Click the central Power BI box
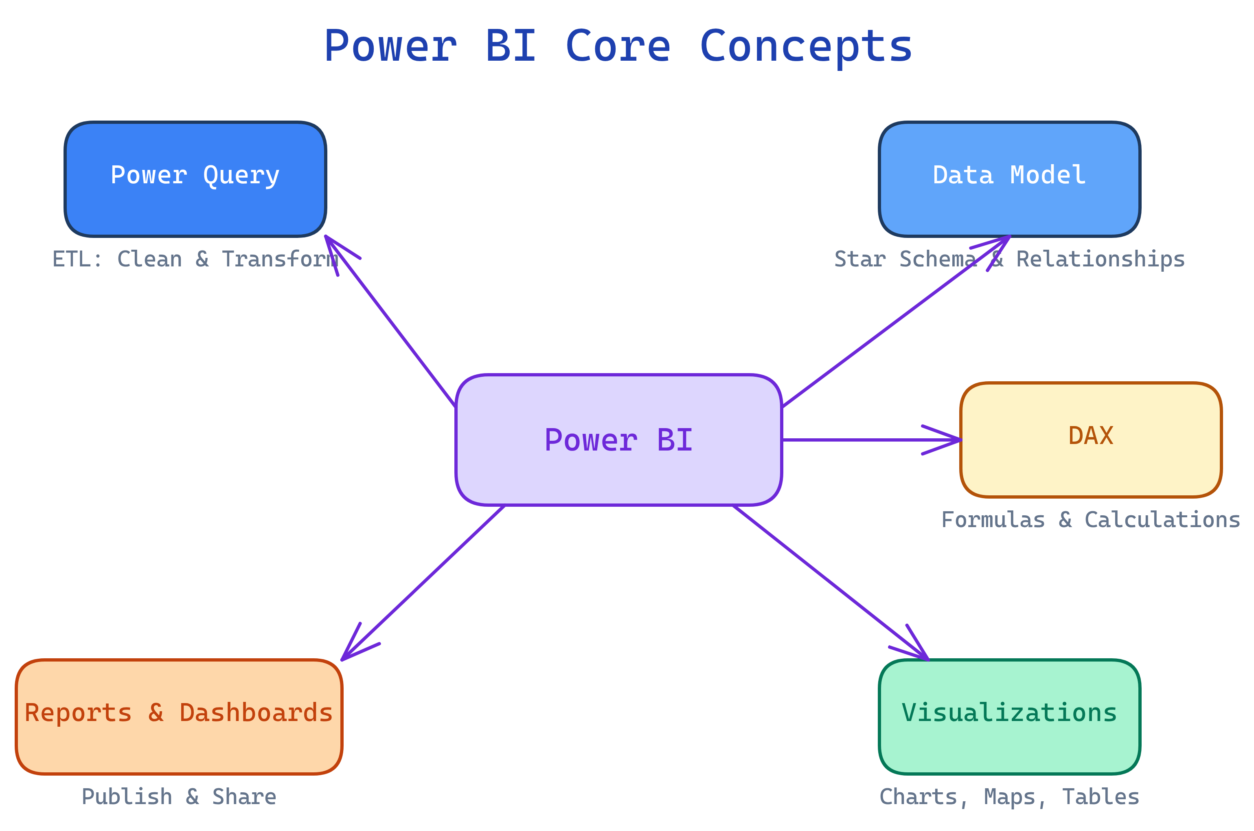pos(618,440)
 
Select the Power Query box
pos(195,179)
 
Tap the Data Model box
pos(1009,179)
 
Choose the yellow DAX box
pos(1091,440)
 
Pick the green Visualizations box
pos(1009,717)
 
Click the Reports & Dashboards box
pos(179,717)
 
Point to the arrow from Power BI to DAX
pos(868,440)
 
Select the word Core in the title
pos(618,46)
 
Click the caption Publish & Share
pos(179,796)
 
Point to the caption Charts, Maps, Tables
pos(1009,796)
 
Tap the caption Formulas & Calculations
pos(1091,520)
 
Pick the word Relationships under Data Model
pos(1101,259)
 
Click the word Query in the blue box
pos(241,176)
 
